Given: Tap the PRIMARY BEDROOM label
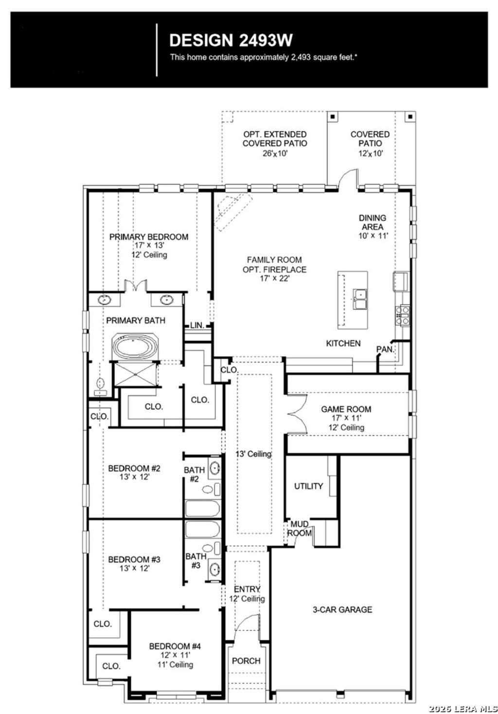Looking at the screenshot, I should (148, 237).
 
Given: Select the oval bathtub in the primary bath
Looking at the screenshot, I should (135, 348).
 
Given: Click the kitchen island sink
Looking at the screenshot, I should (360, 299).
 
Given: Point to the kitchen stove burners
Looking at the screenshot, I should (404, 314).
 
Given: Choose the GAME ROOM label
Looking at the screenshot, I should (346, 409).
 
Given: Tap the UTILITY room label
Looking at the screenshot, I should (308, 486).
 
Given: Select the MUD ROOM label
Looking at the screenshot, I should (300, 529).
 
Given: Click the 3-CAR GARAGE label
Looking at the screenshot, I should (342, 609).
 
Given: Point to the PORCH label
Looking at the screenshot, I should (246, 661).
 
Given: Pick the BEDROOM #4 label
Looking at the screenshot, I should (175, 646).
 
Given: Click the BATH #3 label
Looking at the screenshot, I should (196, 561).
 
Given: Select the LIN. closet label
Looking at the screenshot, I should (197, 325).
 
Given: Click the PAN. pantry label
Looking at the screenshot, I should (385, 349).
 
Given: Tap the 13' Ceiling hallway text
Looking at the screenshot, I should (253, 454).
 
